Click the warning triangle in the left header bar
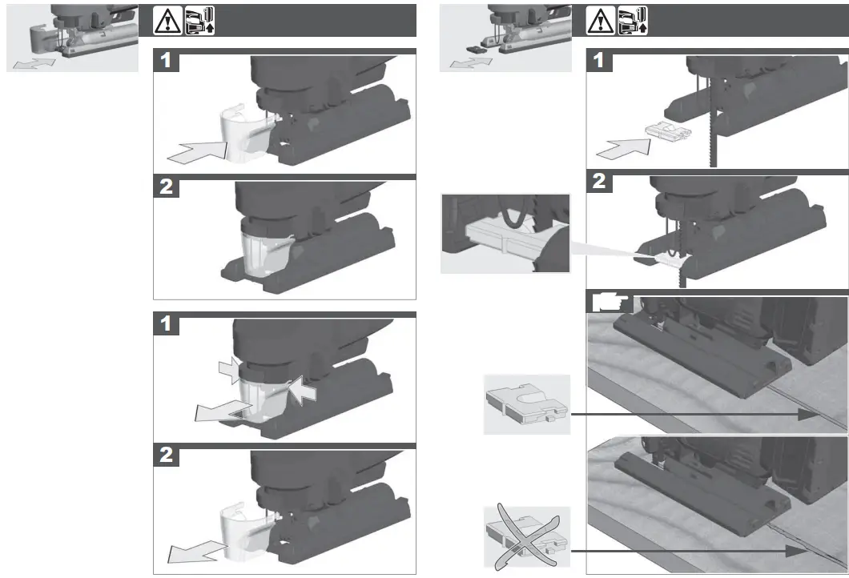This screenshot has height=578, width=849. click(168, 21)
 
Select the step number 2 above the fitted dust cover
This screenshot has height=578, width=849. click(165, 187)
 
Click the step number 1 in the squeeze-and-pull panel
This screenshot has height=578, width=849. click(165, 325)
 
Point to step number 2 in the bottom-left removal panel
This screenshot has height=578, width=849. click(165, 456)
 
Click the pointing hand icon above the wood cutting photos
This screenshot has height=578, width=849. click(610, 303)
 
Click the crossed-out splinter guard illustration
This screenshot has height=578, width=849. click(526, 537)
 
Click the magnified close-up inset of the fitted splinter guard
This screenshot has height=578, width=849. click(505, 233)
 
